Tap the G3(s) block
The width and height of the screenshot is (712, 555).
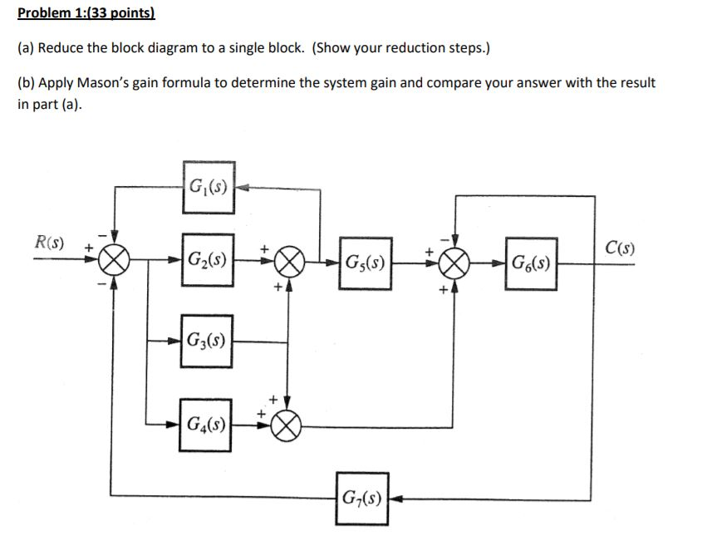(209, 340)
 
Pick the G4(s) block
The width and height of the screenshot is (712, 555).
(208, 425)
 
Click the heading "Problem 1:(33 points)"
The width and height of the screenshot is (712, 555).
(86, 14)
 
